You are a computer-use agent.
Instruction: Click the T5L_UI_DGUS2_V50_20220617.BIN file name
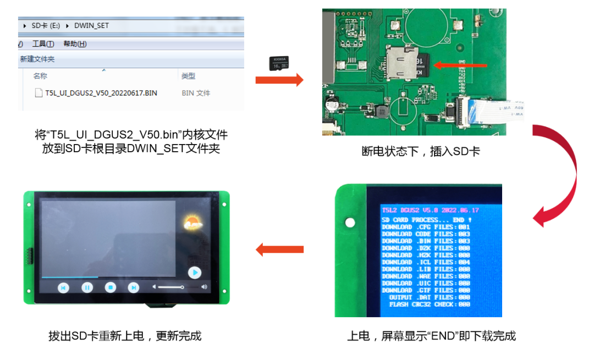point(101,93)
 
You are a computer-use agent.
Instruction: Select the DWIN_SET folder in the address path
point(91,25)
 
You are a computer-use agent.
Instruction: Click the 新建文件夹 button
point(37,59)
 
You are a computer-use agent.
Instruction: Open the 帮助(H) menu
point(75,44)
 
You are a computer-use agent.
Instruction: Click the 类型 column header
point(188,76)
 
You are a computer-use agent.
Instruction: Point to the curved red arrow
point(561,176)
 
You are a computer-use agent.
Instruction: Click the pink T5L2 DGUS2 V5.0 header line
point(430,210)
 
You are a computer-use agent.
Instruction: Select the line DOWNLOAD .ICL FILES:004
point(426,262)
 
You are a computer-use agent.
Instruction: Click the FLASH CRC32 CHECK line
point(429,304)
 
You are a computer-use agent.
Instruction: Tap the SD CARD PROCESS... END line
point(426,220)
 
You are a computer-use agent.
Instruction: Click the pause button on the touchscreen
point(87,287)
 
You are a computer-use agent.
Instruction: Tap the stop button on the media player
point(110,287)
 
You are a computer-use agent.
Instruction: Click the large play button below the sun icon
point(194,272)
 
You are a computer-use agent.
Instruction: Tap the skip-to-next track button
point(133,287)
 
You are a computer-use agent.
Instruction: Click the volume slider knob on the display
point(183,287)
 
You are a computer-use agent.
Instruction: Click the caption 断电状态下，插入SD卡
point(420,151)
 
